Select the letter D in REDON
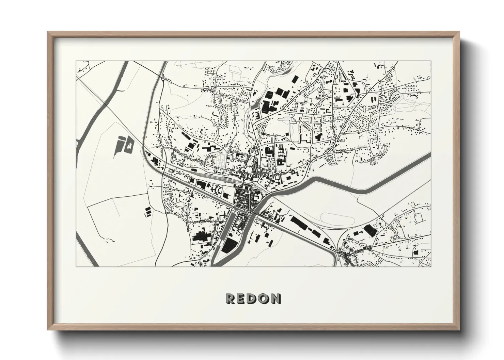[252, 299]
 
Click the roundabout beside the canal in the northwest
[164, 79]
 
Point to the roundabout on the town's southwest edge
[166, 213]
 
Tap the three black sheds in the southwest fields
[148, 212]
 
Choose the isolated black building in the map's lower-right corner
[415, 252]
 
